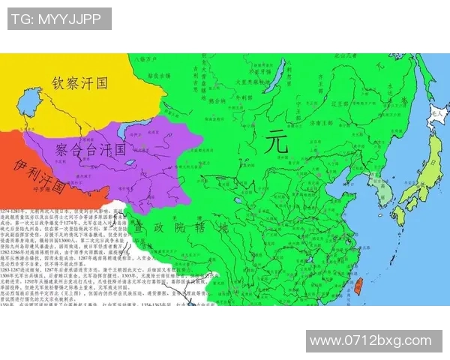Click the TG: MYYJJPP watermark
[59, 19]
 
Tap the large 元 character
[277, 142]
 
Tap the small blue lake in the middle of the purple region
[132, 162]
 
